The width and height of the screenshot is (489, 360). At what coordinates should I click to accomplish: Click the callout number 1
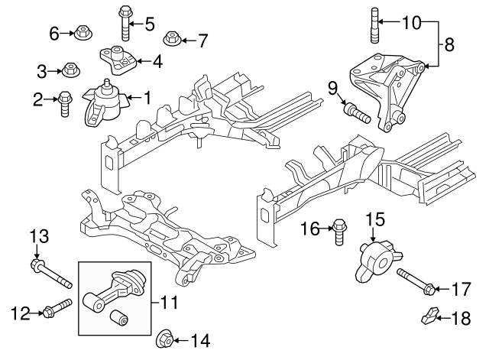pyautogui.click(x=147, y=97)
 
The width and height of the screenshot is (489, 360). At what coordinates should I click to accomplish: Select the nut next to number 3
pyautogui.click(x=69, y=71)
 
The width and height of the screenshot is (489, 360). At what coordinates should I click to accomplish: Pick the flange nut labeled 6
pyautogui.click(x=80, y=34)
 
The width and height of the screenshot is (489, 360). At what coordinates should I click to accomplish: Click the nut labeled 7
pyautogui.click(x=173, y=37)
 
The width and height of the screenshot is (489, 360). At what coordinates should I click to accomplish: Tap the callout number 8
pyautogui.click(x=449, y=45)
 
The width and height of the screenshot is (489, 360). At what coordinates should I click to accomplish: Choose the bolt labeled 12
pyautogui.click(x=58, y=309)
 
